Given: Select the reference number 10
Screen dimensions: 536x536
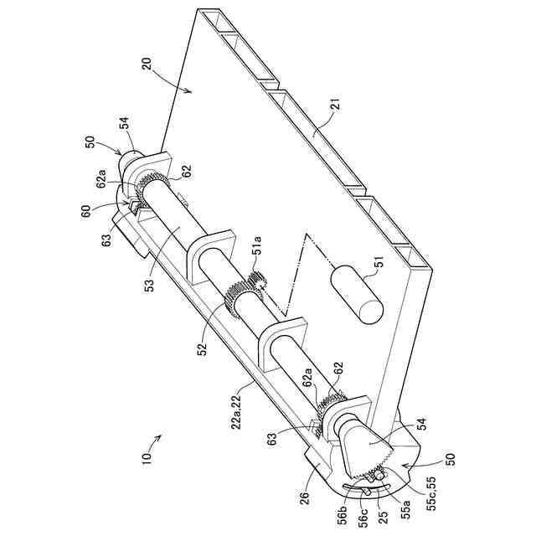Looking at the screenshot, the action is click(x=147, y=460).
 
